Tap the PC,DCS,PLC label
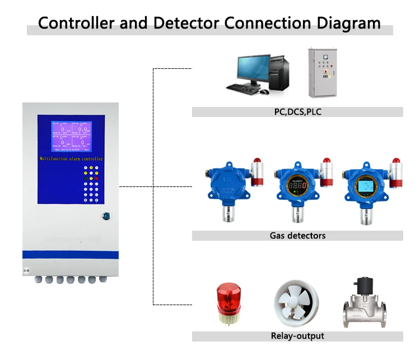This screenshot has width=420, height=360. pyautogui.click(x=297, y=112)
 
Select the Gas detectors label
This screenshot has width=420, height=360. pyautogui.click(x=297, y=236)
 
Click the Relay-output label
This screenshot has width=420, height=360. pyautogui.click(x=297, y=336)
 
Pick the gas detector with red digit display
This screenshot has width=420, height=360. pyautogui.click(x=296, y=185)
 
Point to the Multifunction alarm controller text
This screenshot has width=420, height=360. pyautogui.click(x=71, y=160)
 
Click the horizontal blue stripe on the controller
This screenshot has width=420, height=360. pyautogui.click(x=71, y=255)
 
